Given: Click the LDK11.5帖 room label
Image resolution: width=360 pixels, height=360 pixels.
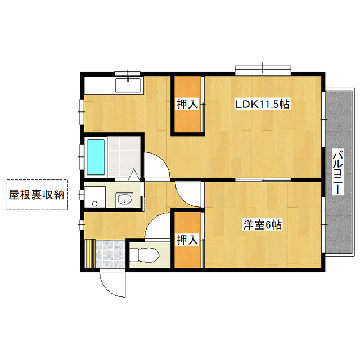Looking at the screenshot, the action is pos(262,105).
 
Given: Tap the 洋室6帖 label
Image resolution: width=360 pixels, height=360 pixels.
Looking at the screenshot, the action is pos(263,225).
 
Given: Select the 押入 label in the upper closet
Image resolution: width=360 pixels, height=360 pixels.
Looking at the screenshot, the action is pos(187,104).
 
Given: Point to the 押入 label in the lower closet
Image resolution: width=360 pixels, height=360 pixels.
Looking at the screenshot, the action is pos(187,240).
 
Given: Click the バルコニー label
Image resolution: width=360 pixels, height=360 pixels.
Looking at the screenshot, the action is pos(338,172).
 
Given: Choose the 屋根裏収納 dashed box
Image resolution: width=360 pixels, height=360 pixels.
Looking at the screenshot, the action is pos(37,195).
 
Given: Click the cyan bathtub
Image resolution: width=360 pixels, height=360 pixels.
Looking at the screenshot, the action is pos(96,157).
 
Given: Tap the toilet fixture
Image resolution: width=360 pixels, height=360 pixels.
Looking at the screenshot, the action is pos(144,255).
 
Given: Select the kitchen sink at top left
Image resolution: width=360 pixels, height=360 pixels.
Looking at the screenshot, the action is pos(128,85).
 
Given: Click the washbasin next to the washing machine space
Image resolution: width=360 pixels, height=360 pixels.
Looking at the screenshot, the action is pos(124,200).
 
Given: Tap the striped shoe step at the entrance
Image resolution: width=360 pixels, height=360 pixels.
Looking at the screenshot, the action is pos(90,254).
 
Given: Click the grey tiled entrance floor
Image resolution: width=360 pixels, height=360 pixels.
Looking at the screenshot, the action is pos(110,254).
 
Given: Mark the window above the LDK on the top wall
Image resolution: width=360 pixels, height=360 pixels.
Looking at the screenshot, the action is pos(263,69).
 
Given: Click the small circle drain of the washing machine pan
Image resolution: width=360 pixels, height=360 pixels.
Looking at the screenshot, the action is pos(95,204).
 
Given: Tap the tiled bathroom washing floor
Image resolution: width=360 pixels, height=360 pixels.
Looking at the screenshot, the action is pos(124,157).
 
